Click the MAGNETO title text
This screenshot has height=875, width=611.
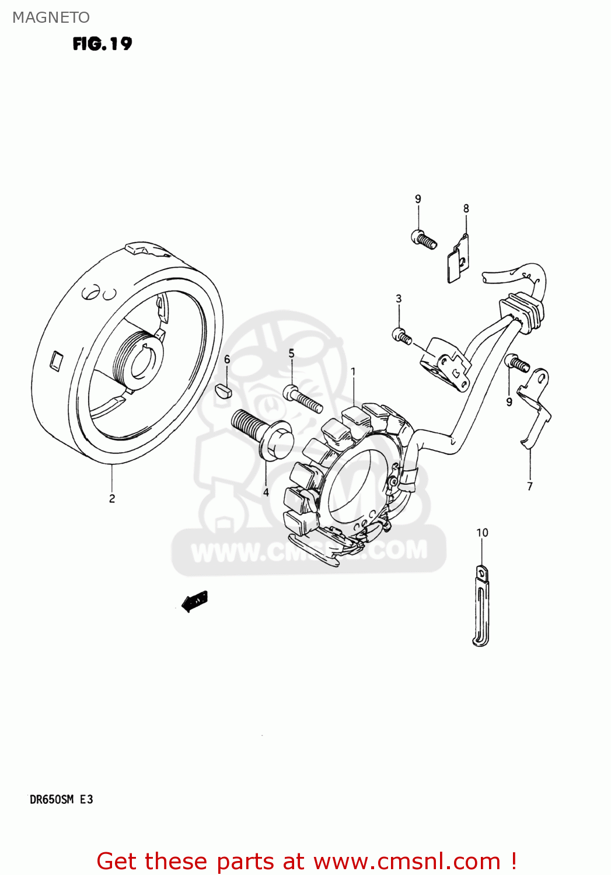[x=51, y=17]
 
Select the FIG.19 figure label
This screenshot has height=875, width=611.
[x=102, y=44]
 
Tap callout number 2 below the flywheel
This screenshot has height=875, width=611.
[x=112, y=498]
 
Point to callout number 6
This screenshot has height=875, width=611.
[x=227, y=359]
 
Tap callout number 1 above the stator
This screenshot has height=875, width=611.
[x=353, y=371]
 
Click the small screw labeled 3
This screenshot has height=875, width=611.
[x=401, y=335]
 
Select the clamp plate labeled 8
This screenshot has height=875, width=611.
[x=459, y=259]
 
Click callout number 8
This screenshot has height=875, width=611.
[x=466, y=208]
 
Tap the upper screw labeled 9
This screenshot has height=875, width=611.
[x=424, y=239]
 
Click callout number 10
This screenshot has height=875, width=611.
[x=482, y=533]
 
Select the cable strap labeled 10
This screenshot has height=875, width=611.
[x=481, y=607]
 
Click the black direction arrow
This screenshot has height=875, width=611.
[x=194, y=600]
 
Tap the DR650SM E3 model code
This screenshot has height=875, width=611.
[x=61, y=799]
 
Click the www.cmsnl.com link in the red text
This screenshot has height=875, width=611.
[x=407, y=861]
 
